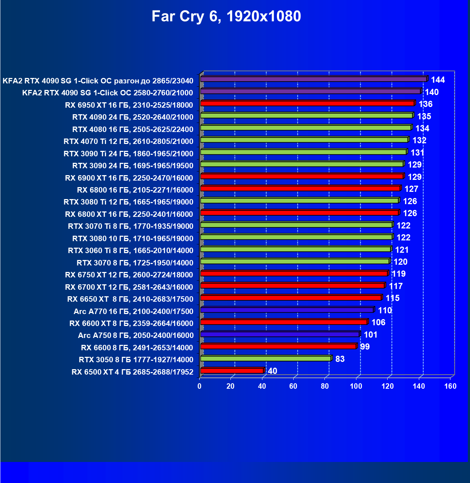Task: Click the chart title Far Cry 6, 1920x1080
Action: tap(226, 17)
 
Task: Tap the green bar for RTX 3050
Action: tap(265, 359)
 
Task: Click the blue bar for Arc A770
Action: tap(287, 310)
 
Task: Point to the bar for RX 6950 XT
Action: tap(307, 103)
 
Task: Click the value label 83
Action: tap(340, 359)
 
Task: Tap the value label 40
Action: tap(272, 371)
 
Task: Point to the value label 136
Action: tap(425, 104)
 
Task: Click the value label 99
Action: tap(365, 347)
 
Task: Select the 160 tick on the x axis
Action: tap(450, 386)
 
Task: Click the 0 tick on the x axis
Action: tap(200, 386)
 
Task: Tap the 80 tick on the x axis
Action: tap(325, 386)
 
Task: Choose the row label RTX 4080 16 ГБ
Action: tap(132, 129)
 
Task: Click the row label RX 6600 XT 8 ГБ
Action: tap(131, 323)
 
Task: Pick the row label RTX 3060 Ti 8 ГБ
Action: tap(130, 251)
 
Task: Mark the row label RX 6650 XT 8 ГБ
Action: tap(130, 299)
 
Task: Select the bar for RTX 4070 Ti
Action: tap(304, 140)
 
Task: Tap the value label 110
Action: tap(385, 310)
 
